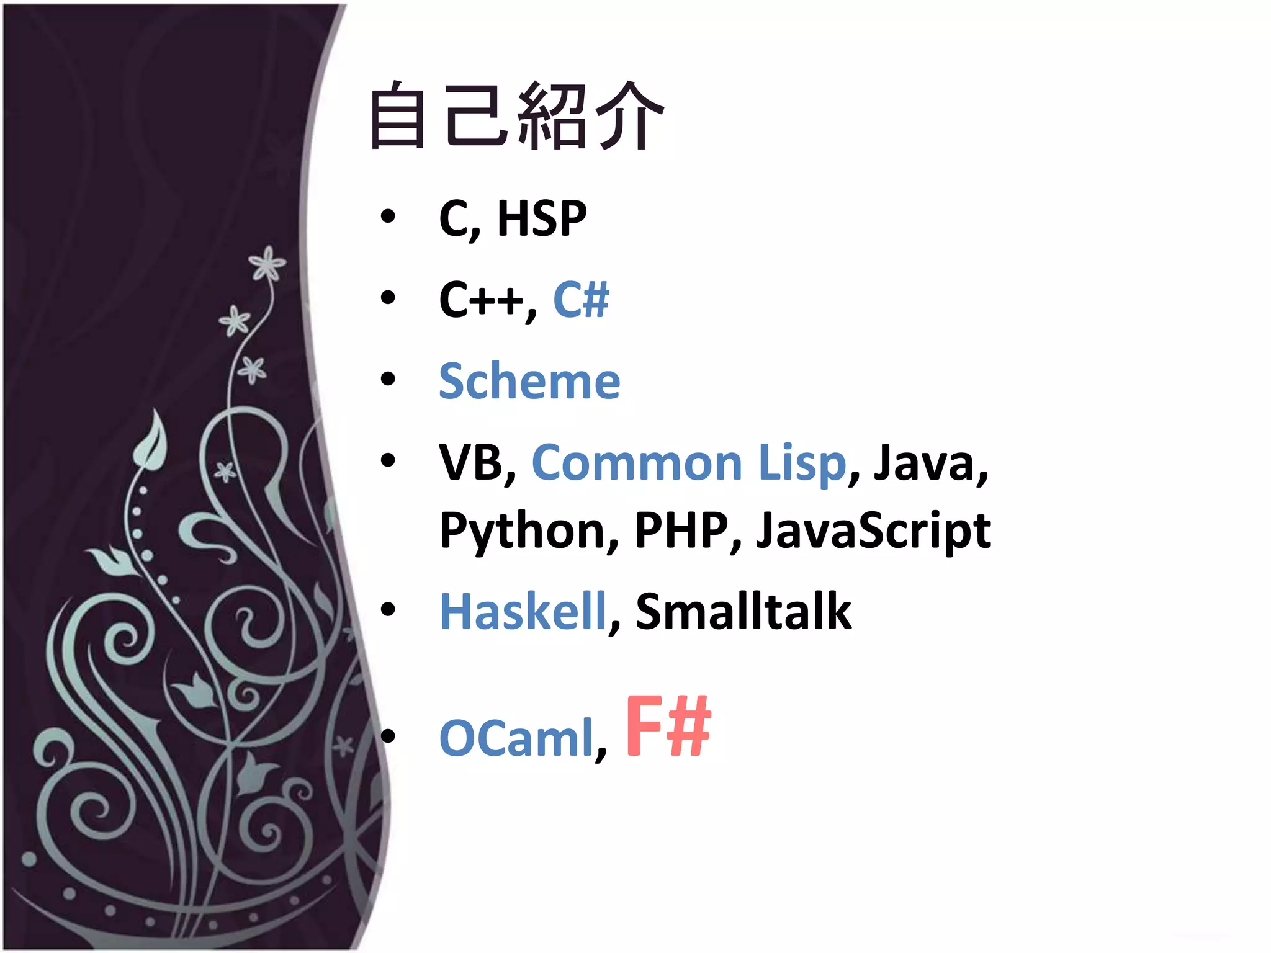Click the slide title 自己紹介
516,117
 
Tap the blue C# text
581,300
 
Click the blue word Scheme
529,381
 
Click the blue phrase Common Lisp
689,463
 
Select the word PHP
681,531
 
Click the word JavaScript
873,531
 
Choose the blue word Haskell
523,612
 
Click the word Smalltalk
743,612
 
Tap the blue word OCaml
516,738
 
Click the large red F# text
668,726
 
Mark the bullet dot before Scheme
388,378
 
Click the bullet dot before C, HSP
388,217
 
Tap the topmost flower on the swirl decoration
267,264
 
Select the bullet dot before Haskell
388,609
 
